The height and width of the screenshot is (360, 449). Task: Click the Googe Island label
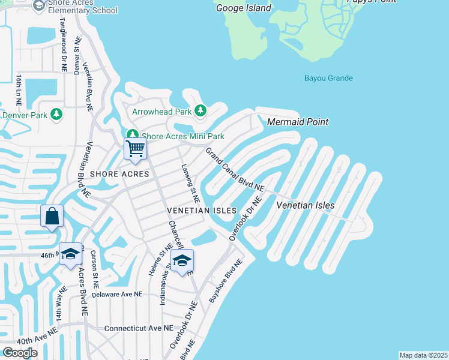coord(243,8)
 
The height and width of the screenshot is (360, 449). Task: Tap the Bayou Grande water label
coord(328,79)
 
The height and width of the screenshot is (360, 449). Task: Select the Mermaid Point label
coord(298,122)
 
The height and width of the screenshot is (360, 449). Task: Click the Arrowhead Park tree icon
coord(200,111)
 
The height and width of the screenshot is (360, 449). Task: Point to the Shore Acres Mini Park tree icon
coord(131,136)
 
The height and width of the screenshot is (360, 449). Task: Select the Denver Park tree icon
coord(56,114)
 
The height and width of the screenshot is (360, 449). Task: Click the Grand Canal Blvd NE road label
coord(235,170)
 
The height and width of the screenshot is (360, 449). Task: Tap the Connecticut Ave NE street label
coord(139,329)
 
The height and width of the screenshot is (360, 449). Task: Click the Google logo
coord(20,352)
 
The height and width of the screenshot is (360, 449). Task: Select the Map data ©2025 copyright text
coord(423,355)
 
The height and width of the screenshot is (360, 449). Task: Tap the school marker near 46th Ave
coord(70,254)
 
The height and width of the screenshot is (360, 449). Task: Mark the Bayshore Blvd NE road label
coord(224,280)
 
